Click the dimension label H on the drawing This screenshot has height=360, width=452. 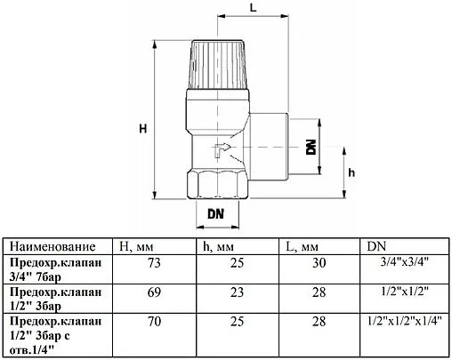143,130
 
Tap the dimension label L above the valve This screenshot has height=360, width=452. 253,9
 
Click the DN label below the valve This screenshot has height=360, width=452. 215,214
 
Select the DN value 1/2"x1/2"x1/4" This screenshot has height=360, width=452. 404,319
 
